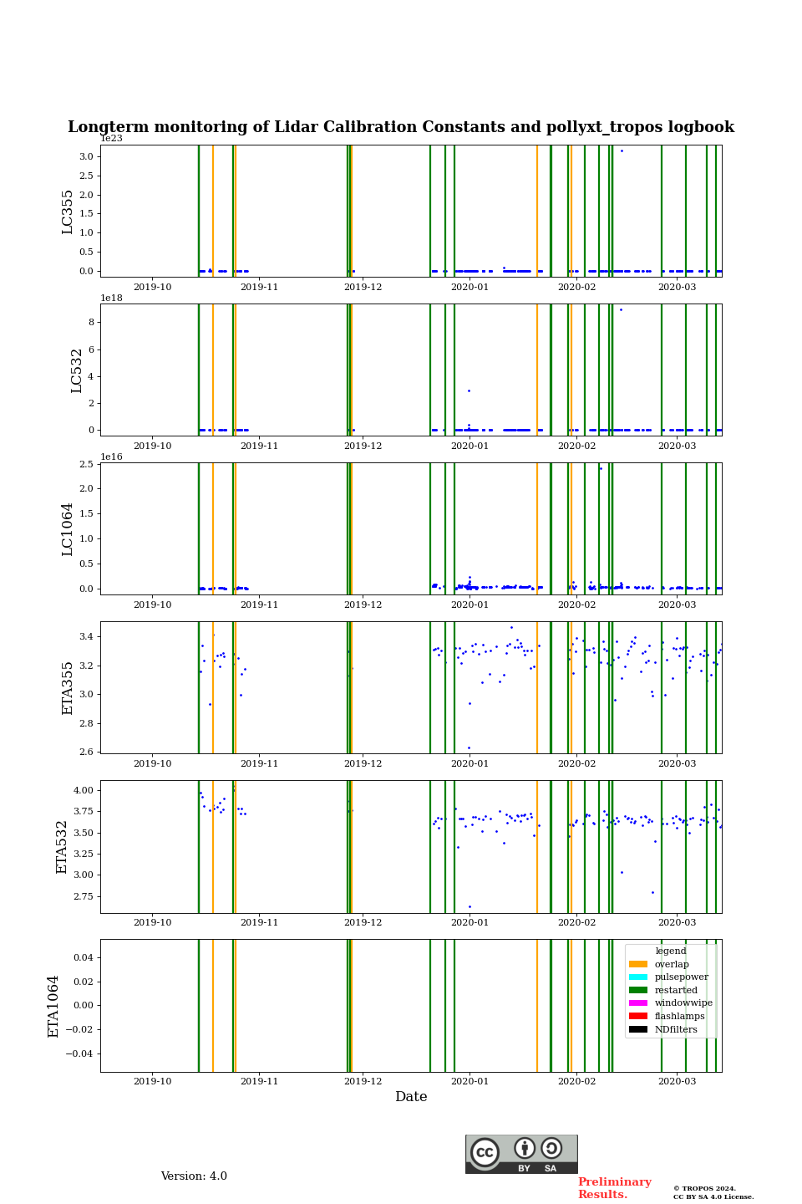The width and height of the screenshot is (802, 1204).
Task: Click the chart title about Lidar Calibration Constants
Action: (x=401, y=127)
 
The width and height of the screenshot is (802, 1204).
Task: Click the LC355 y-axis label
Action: (x=68, y=212)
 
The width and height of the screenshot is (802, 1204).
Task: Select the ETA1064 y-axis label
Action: (x=53, y=1006)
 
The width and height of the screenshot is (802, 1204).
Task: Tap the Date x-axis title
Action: (x=411, y=1097)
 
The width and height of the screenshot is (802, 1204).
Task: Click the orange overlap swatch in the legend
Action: (x=638, y=964)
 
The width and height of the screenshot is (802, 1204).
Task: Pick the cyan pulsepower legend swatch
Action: (x=638, y=977)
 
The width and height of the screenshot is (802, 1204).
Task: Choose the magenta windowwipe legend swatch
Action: (x=638, y=1003)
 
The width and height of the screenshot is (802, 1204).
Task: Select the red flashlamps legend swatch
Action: (x=638, y=1016)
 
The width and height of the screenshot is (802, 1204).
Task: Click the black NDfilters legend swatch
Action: (x=638, y=1029)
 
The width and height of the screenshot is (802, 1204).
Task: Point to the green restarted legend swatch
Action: (x=638, y=990)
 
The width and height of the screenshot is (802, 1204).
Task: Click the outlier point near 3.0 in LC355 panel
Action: (x=622, y=150)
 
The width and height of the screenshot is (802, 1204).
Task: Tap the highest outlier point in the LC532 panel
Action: (x=621, y=309)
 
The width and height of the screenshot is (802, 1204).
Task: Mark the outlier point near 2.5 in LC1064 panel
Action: (x=601, y=468)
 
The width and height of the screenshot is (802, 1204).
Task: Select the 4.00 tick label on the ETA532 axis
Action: (x=81, y=790)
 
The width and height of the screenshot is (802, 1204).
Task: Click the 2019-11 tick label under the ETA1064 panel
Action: (x=259, y=1081)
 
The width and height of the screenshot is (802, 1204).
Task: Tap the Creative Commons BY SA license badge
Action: (x=521, y=1154)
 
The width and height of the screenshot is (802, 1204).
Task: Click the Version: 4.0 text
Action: (x=194, y=1176)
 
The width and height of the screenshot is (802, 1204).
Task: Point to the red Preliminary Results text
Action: (x=614, y=1188)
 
